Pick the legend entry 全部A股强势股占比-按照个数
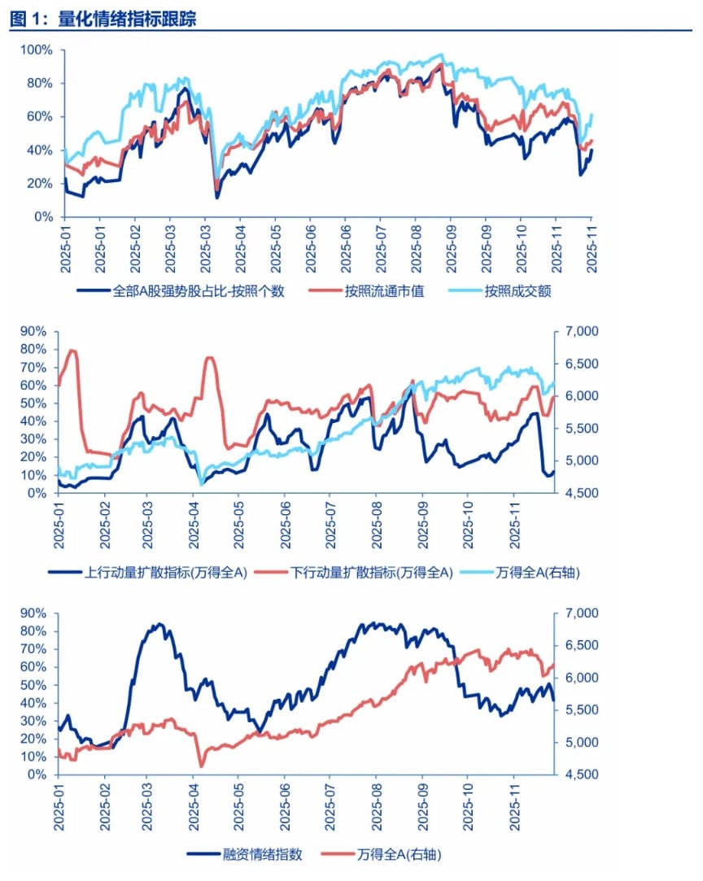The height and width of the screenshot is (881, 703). [199, 291]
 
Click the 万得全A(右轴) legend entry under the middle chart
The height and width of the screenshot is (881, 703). [538, 572]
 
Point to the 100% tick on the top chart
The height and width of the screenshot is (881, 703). [36, 50]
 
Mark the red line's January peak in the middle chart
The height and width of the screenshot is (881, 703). [72, 351]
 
